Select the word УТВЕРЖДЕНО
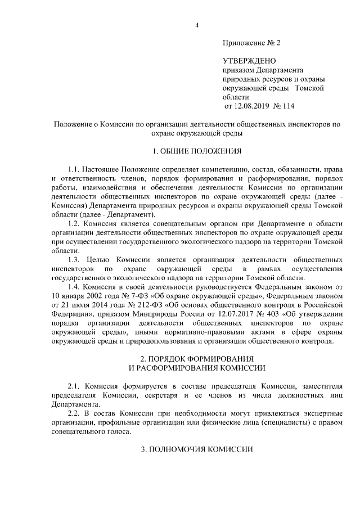250,61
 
